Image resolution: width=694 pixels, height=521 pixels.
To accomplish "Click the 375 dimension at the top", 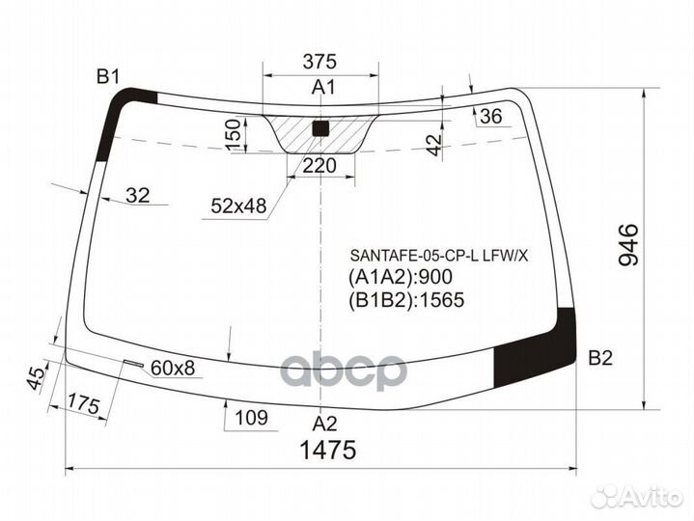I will pos(319,62).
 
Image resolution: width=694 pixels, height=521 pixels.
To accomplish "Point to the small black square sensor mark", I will pos(322,127).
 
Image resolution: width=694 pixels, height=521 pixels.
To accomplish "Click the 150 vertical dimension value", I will pos(233,135).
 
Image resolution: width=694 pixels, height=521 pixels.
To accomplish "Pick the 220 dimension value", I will pos(319,166).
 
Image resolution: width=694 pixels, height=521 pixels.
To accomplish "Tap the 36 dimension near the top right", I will pos(491,117).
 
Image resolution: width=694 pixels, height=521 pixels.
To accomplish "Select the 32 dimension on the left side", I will pos(138,196).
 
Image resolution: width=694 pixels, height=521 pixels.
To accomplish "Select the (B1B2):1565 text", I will pos(405,300).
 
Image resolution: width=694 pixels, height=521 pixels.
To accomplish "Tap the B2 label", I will pos(600,358).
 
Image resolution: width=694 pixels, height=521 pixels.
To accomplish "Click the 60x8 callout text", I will pos(173,367).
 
